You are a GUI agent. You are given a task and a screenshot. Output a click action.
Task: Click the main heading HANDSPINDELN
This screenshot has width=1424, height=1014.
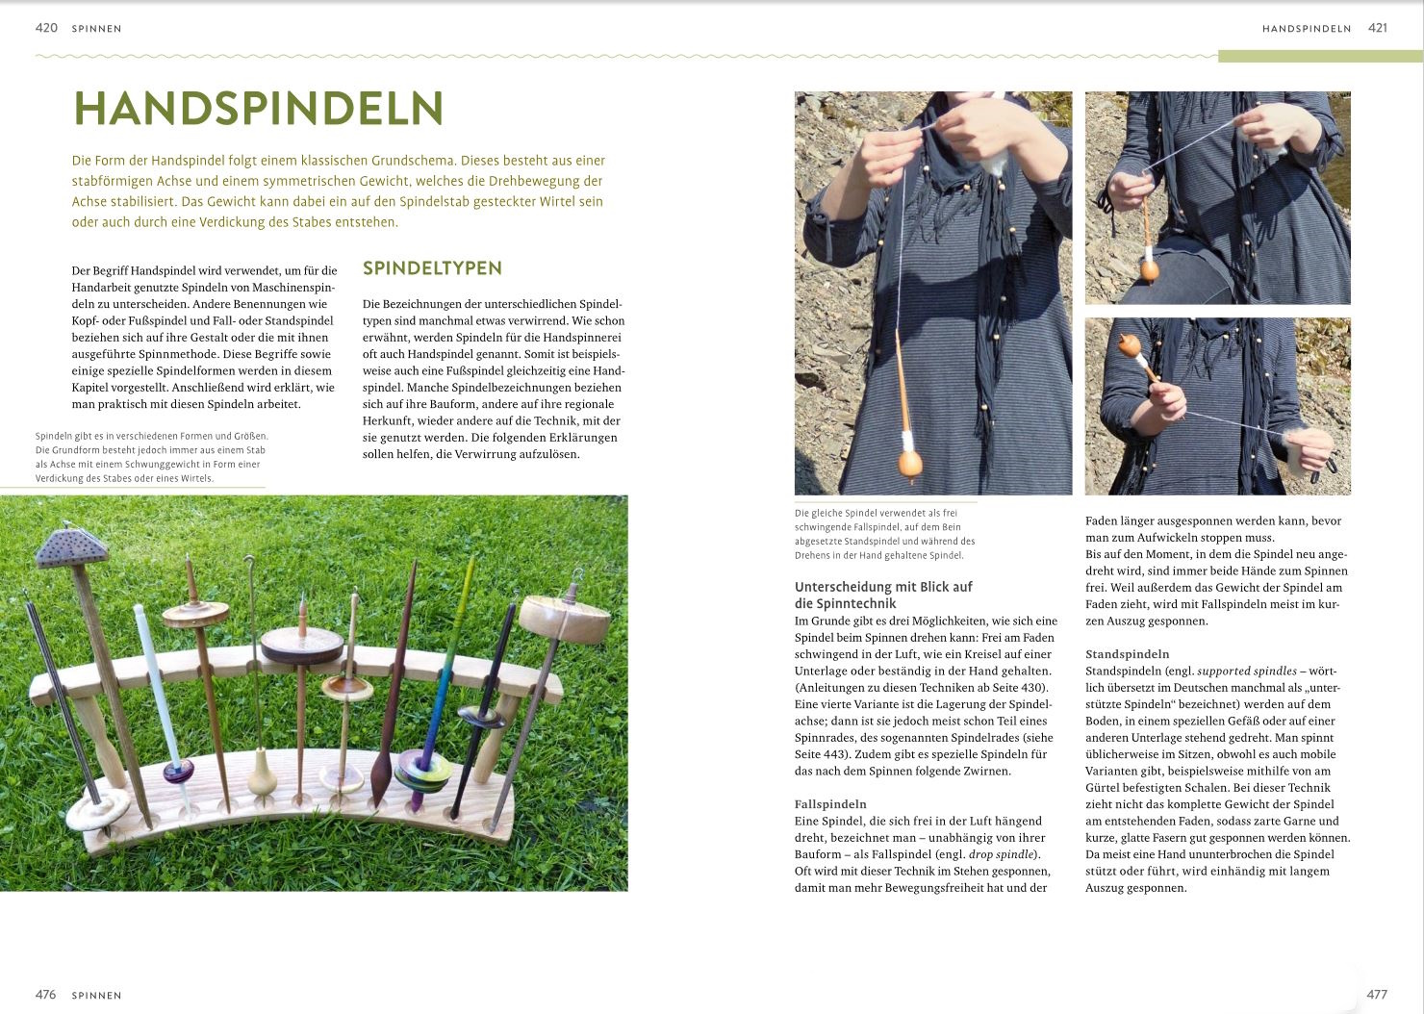coord(258,110)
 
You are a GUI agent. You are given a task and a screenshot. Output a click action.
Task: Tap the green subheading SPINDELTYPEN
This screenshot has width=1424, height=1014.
coord(432,268)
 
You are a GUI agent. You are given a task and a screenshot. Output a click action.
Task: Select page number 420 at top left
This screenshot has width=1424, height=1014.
coord(46,28)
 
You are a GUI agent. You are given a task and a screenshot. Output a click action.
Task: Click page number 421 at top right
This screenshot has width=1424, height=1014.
coord(1378,28)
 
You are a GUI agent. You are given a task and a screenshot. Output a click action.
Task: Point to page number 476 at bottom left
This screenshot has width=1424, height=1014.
coord(46,995)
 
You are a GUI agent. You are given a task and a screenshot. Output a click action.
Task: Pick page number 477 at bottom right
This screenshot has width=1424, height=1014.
coord(1377,995)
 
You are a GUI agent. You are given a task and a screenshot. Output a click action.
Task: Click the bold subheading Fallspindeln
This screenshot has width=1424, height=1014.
coord(830,804)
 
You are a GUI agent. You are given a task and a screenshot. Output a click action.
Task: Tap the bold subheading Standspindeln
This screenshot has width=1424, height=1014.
coord(1128,654)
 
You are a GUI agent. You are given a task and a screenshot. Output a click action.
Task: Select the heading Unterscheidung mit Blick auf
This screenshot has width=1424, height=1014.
coord(883,587)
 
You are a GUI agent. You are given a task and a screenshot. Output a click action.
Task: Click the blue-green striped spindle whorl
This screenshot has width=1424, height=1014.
coord(424,767)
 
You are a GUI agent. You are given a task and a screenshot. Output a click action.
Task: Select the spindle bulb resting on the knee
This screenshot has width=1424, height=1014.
coord(1149,270)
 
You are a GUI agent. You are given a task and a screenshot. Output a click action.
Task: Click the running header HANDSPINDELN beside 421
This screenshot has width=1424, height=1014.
coord(1307,29)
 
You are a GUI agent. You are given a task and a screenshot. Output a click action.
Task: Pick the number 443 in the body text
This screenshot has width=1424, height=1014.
coord(825,754)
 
